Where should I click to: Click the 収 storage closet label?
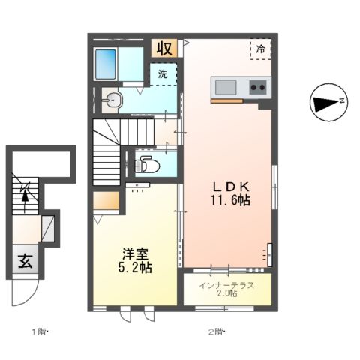(164, 48)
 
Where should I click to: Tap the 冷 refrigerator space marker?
(261, 49)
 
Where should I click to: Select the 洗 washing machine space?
(163, 74)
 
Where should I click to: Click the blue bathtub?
(106, 64)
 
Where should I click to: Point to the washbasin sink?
(112, 100)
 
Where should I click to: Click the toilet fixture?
(147, 164)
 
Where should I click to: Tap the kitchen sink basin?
(226, 87)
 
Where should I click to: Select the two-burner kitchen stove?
(258, 87)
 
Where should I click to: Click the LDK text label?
(231, 187)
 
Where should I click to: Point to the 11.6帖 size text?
(230, 200)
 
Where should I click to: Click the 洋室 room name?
(135, 254)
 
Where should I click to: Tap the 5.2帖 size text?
(135, 268)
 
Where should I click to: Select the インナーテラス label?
(226, 285)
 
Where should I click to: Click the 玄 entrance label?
(25, 262)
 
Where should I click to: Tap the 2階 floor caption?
(217, 332)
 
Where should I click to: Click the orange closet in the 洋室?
(106, 201)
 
